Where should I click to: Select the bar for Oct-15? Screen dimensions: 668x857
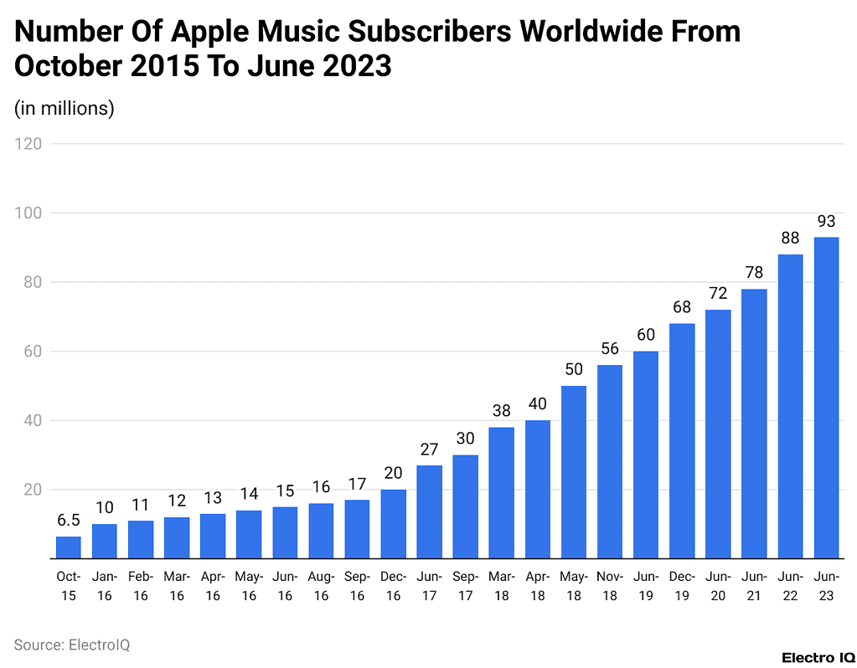click(69, 547)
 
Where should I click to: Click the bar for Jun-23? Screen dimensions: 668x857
click(826, 398)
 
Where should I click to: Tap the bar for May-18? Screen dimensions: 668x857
click(574, 472)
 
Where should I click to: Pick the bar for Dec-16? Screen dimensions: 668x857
click(394, 524)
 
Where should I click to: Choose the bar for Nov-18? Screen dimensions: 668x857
click(610, 461)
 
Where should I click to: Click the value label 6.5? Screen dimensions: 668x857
click(69, 520)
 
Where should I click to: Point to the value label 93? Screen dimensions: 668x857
click(826, 221)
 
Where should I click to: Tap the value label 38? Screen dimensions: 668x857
click(502, 411)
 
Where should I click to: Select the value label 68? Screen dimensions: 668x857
click(682, 307)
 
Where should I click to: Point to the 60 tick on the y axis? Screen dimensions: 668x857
click(32, 352)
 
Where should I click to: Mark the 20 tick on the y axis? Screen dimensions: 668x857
click(32, 490)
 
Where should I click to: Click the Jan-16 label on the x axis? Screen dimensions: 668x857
click(105, 585)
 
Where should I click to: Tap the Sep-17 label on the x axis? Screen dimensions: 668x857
click(466, 585)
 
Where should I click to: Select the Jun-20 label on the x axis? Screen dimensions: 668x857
click(718, 585)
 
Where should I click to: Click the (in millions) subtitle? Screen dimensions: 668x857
click(65, 108)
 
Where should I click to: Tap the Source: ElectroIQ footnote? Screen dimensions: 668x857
click(72, 645)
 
